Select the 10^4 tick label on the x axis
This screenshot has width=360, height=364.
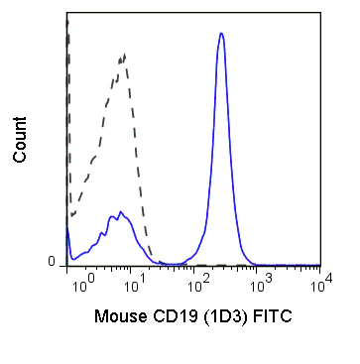[311, 283]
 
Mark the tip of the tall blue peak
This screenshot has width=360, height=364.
[221, 34]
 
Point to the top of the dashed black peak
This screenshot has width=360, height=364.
[125, 56]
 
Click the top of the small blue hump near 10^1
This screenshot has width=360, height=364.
[120, 211]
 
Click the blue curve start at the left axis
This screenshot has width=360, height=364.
[67, 230]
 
